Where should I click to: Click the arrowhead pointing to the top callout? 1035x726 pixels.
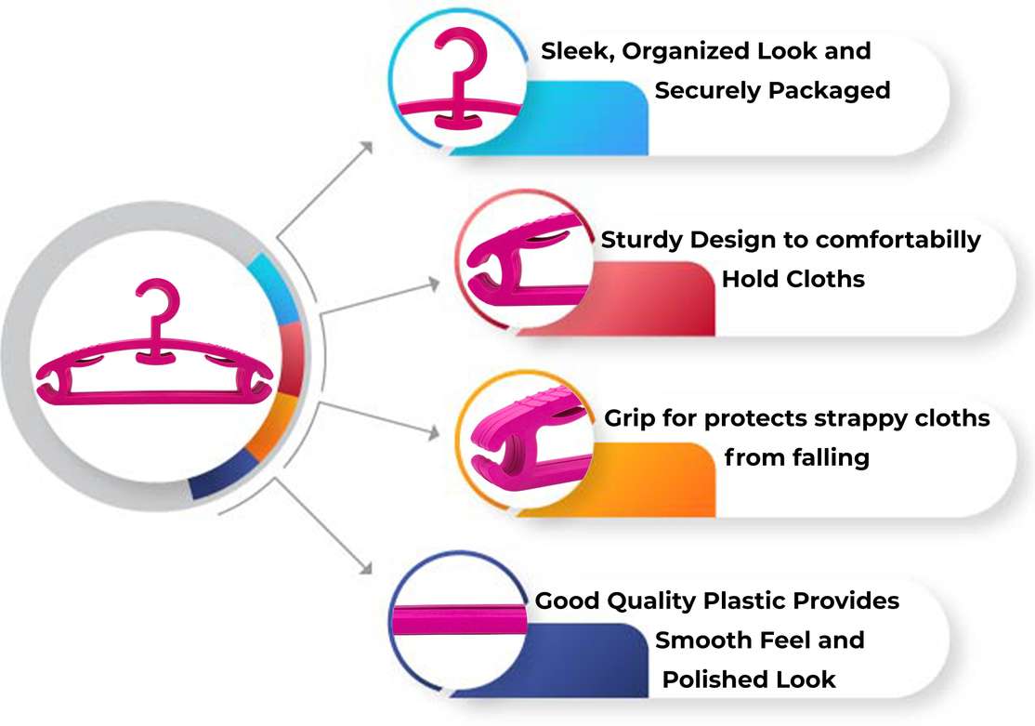[367, 147]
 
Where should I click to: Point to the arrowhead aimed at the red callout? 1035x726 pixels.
[436, 280]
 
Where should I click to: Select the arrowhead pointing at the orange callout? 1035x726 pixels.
[436, 431]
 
